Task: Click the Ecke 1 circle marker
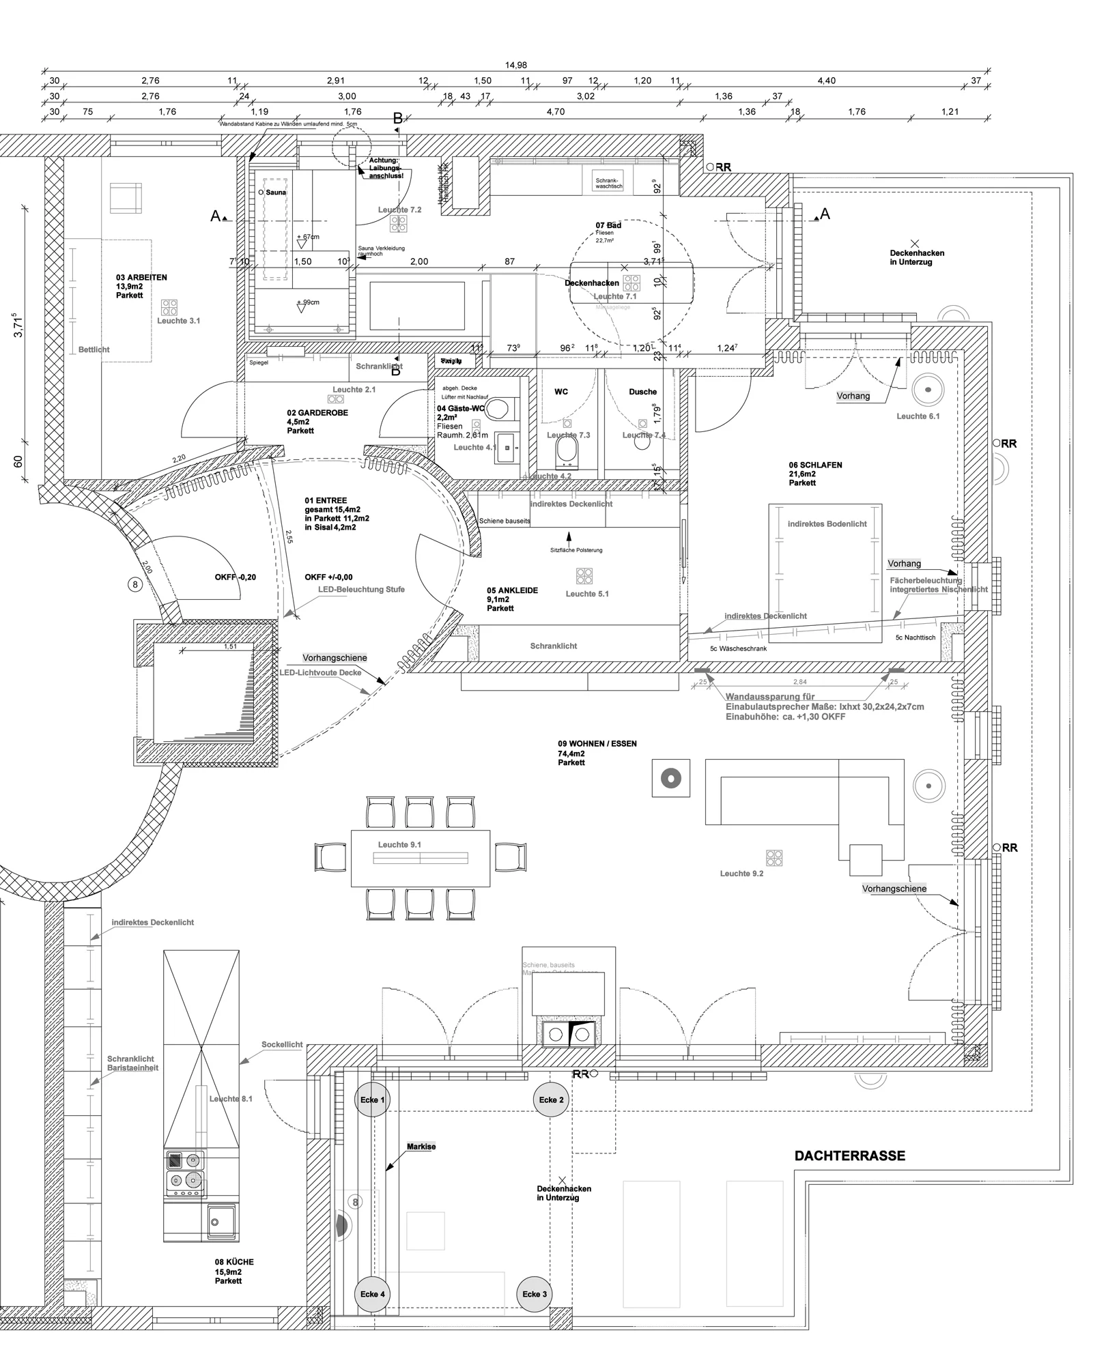372,1100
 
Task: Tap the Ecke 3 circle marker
535,1294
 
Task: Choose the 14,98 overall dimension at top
516,66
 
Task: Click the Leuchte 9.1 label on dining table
399,844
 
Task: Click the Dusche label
642,392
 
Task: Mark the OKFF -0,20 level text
236,577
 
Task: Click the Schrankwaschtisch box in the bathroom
608,179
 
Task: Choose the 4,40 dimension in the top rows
826,81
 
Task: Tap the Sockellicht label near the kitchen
282,1045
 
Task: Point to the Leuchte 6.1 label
918,416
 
